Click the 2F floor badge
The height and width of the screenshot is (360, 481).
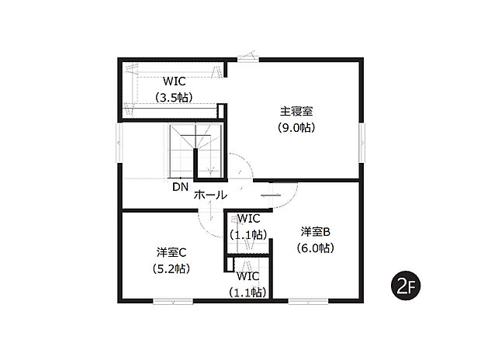tap(406, 286)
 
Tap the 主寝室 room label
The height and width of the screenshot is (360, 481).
tap(296, 111)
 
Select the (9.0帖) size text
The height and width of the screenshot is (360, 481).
tap(296, 127)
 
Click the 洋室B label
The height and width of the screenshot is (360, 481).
tap(315, 232)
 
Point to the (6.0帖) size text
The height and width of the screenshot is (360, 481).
tap(315, 247)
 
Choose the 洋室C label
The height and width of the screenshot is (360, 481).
tap(171, 253)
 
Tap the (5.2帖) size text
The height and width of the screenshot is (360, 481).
tap(171, 269)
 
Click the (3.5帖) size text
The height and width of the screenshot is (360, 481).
tap(174, 98)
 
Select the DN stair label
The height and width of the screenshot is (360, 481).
tap(180, 187)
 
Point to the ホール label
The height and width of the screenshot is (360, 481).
tap(210, 195)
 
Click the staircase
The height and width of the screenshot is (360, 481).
tap(195, 151)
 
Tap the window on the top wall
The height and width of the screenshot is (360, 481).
tap(248, 60)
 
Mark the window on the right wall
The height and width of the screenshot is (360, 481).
tap(362, 143)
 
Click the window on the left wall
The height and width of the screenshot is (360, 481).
tap(120, 143)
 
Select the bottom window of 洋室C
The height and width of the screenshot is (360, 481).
tap(173, 301)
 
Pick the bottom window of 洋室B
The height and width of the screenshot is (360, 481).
tap(308, 301)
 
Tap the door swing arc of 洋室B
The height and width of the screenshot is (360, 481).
tap(292, 199)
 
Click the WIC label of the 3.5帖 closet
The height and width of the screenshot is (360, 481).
tap(175, 81)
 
